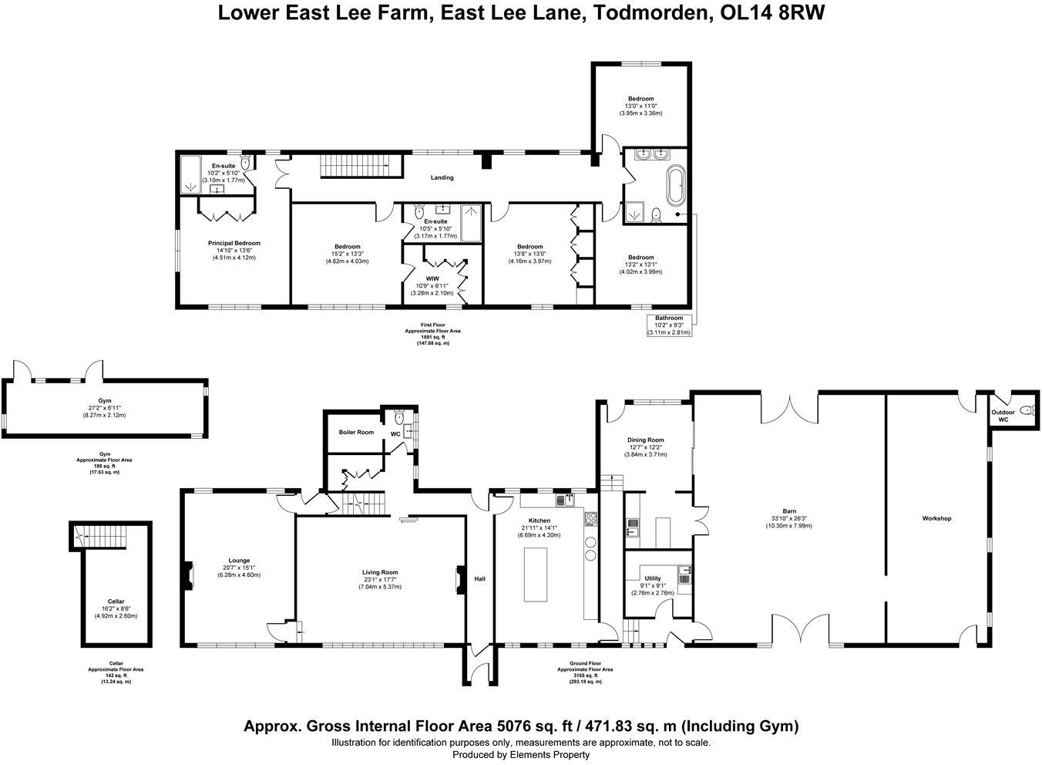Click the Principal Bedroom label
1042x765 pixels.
[234, 243]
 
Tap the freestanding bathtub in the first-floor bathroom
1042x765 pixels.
[676, 185]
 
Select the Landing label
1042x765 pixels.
[442, 177]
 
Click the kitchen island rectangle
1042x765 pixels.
[536, 575]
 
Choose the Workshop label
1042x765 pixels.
[937, 518]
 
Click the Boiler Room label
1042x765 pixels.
[356, 433]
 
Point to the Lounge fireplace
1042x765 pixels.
[189, 576]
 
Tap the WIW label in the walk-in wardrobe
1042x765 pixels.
[432, 278]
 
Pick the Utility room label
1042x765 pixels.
[653, 578]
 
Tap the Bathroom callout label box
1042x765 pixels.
[670, 325]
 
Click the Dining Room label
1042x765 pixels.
[646, 440]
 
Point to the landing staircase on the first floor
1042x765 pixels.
[361, 166]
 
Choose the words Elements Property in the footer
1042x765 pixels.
[550, 755]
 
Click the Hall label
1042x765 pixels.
[479, 579]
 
